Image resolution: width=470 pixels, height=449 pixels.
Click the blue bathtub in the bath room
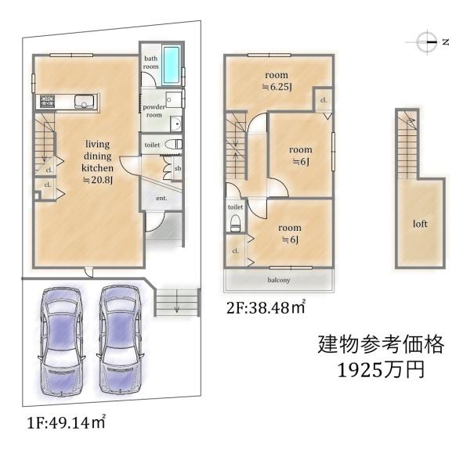pyautogui.click(x=171, y=64)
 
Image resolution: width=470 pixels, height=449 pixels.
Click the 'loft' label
pyautogui.click(x=421, y=224)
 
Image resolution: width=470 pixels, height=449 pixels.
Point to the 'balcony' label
pyautogui.click(x=279, y=279)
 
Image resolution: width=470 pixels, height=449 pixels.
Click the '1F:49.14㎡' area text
pyautogui.click(x=66, y=422)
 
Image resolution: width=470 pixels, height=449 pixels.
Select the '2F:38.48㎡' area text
pyautogui.click(x=266, y=307)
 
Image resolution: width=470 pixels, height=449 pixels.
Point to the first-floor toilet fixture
pyautogui.click(x=175, y=145)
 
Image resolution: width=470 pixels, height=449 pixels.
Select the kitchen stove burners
pyautogui.click(x=46, y=100)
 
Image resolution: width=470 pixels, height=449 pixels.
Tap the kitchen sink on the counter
pyautogui.click(x=81, y=100)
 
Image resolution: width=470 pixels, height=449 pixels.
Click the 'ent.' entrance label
pyautogui.click(x=162, y=198)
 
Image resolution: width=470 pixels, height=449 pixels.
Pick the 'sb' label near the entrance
pyautogui.click(x=178, y=168)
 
